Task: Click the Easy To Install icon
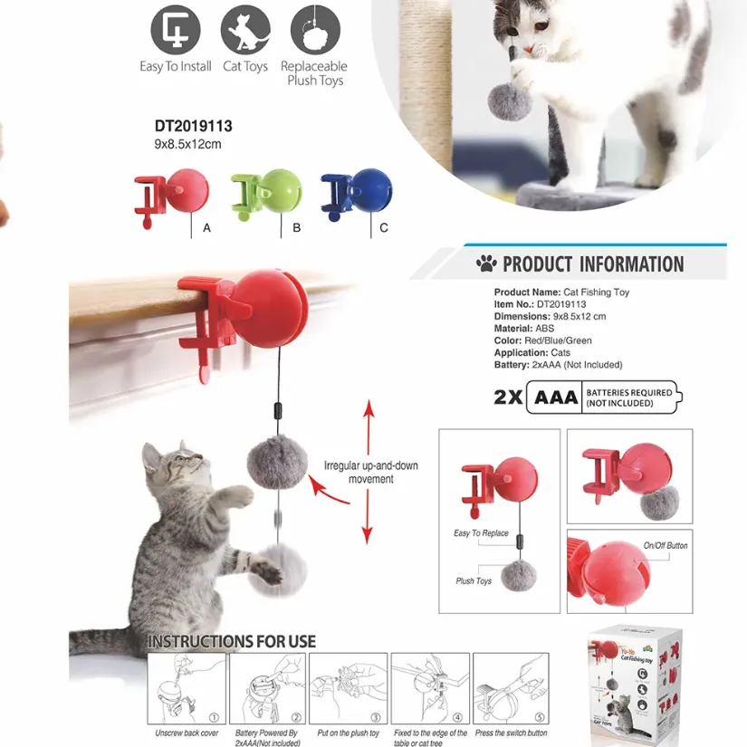tap(175, 30)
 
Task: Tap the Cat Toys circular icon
tap(244, 30)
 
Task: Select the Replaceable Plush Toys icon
tap(314, 30)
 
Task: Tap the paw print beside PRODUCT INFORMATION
tap(486, 264)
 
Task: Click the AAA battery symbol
tap(556, 397)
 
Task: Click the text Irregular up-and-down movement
tap(371, 472)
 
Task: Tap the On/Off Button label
tap(666, 546)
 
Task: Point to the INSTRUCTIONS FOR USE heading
tap(232, 641)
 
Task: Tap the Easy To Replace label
tap(481, 533)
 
